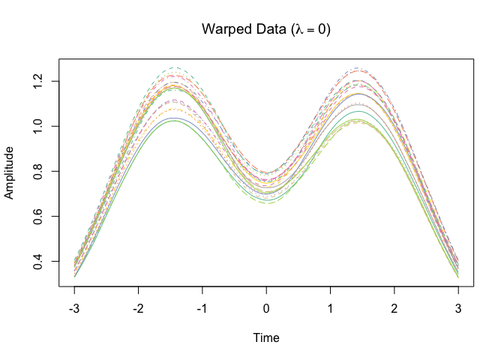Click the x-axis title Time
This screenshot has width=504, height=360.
click(266, 337)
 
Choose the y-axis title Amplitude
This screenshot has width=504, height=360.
click(10, 172)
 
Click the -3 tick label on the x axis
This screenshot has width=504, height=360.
click(73, 307)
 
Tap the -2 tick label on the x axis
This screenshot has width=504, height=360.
click(137, 307)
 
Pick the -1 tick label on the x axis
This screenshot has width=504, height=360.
click(201, 307)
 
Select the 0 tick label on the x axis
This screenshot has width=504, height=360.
click(266, 307)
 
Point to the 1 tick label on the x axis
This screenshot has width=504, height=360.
click(330, 307)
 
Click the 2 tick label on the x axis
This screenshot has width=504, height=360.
click(394, 307)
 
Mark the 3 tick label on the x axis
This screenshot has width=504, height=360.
click(458, 307)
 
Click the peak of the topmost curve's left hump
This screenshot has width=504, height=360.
click(175, 67)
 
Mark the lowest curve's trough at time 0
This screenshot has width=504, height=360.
click(266, 204)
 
